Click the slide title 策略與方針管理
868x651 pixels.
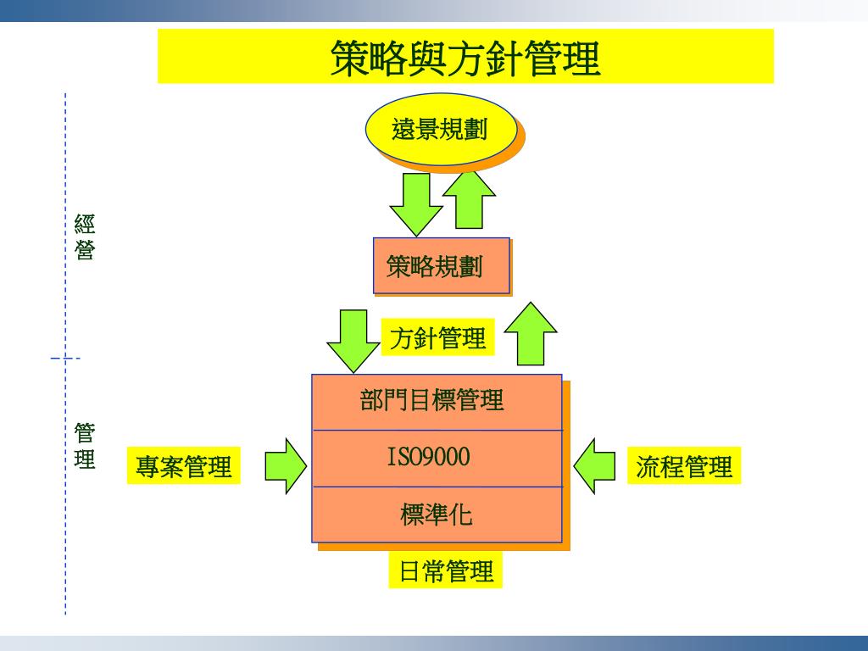pyautogui.click(x=465, y=58)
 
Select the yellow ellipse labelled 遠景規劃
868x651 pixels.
pyautogui.click(x=440, y=129)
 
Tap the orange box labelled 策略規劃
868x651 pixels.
pyautogui.click(x=441, y=266)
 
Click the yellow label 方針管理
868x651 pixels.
pyautogui.click(x=437, y=338)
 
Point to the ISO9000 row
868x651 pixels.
pyautogui.click(x=437, y=459)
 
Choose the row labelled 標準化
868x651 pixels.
pyautogui.click(x=437, y=515)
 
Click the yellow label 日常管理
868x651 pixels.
pyautogui.click(x=446, y=570)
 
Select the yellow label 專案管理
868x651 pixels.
pyautogui.click(x=184, y=466)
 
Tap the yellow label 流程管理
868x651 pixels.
pyautogui.click(x=684, y=466)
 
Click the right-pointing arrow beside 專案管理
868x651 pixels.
pyautogui.click(x=286, y=465)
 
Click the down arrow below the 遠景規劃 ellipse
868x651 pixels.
pyautogui.click(x=415, y=203)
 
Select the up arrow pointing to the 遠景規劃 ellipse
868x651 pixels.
pyautogui.click(x=469, y=200)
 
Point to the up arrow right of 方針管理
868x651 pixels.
pyautogui.click(x=531, y=334)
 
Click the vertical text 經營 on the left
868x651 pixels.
pyautogui.click(x=84, y=237)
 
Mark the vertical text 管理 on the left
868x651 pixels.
pyautogui.click(x=84, y=446)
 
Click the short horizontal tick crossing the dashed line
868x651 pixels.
pyautogui.click(x=65, y=359)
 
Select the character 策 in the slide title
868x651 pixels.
pyautogui.click(x=349, y=58)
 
